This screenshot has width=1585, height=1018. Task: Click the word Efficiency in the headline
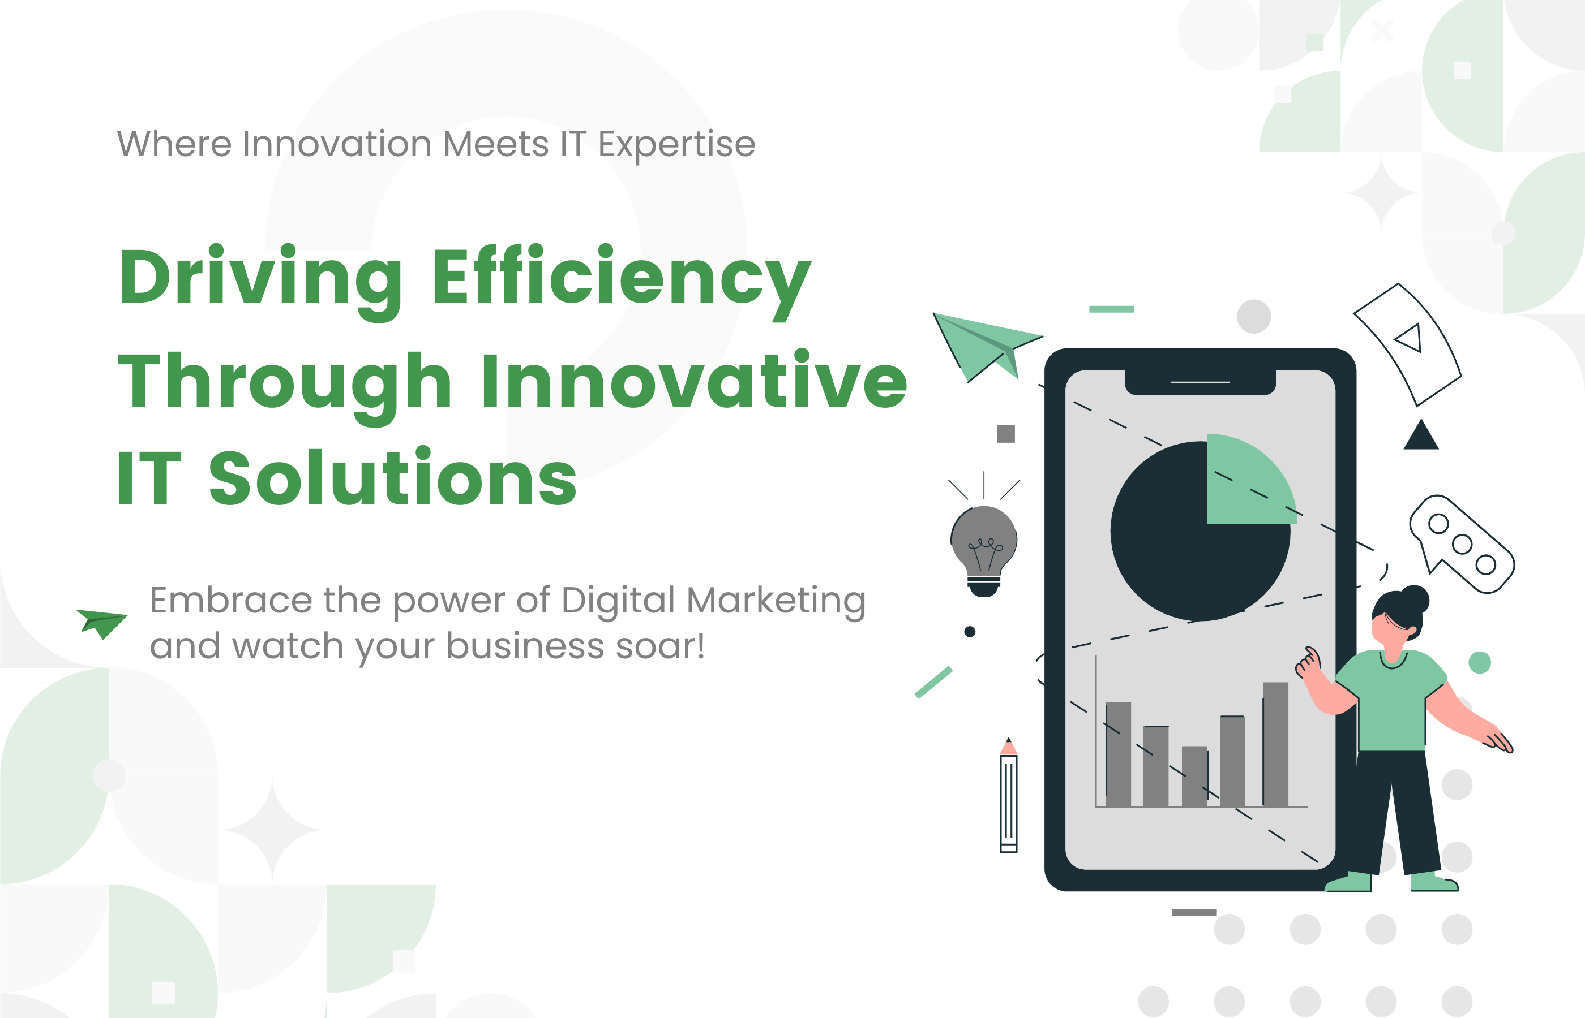tap(622, 281)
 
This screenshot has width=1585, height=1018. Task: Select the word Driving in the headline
tap(260, 281)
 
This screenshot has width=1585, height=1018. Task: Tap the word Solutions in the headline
tap(393, 476)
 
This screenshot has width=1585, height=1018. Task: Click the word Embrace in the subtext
tap(231, 600)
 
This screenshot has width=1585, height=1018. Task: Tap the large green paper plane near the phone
tap(986, 346)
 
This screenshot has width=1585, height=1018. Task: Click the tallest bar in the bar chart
tap(1275, 744)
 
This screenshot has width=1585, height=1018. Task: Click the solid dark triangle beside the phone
tap(1421, 435)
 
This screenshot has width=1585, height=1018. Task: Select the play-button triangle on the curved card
tap(1410, 337)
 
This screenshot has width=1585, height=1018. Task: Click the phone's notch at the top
tap(1200, 382)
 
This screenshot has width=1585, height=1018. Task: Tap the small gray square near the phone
tap(1005, 434)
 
